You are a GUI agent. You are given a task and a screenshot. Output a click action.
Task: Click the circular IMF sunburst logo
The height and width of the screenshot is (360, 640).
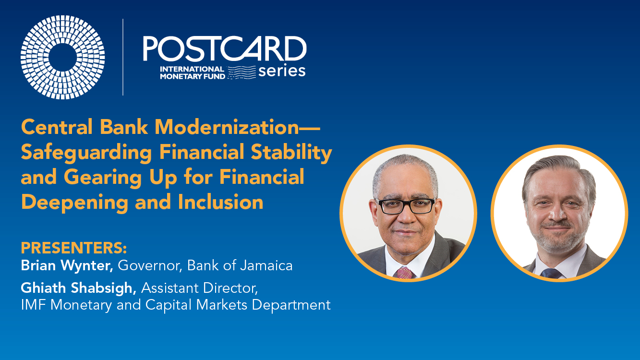62,57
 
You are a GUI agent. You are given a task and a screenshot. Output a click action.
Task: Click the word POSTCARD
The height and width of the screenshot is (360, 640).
225,48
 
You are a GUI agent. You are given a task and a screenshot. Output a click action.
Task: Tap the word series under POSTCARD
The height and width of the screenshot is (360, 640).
282,71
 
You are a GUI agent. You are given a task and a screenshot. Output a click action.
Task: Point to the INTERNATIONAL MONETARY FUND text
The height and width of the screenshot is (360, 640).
192,72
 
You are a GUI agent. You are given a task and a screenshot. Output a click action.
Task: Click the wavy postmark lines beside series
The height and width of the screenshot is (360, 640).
242,72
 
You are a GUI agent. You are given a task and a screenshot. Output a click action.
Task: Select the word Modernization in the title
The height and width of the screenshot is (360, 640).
227,127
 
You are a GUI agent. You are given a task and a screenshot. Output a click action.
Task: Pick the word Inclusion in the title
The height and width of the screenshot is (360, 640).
220,202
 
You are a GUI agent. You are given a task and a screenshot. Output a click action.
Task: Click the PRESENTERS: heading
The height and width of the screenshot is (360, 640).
74,248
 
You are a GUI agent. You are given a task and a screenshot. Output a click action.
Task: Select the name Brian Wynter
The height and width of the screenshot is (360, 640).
67,266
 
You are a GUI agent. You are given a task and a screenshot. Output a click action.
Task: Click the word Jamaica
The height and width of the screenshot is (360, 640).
266,265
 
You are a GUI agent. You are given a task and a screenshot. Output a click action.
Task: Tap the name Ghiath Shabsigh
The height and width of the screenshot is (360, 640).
78,288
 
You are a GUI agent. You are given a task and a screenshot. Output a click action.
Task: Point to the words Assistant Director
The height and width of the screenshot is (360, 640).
199,288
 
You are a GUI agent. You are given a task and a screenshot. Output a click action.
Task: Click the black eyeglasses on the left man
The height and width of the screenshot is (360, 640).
406,206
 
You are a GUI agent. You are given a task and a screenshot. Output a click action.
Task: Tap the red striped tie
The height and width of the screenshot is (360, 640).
405,273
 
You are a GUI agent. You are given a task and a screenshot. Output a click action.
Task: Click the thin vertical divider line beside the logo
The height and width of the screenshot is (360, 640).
123,57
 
